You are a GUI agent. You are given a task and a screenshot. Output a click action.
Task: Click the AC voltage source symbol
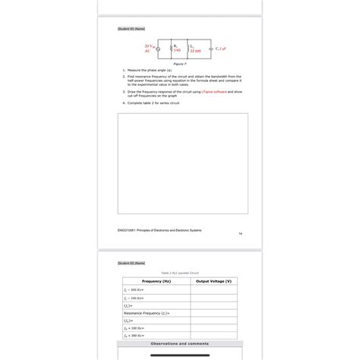click(x=158, y=49)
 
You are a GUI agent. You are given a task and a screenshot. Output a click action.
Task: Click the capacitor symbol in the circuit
click(x=210, y=49)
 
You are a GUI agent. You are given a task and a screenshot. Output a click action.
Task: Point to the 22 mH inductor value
click(x=195, y=52)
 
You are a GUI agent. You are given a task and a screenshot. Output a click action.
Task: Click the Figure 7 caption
click(x=180, y=65)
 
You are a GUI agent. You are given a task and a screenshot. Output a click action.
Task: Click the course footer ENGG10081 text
click(x=159, y=230)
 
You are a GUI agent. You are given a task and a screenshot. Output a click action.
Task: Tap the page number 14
click(x=239, y=233)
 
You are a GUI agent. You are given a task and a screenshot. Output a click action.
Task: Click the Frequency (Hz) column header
click(x=156, y=281)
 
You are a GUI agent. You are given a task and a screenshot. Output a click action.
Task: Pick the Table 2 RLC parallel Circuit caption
click(x=179, y=272)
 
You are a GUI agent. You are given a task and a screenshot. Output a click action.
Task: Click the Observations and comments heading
click(x=179, y=344)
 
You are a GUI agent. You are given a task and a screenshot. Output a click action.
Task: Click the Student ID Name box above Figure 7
click(x=131, y=28)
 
